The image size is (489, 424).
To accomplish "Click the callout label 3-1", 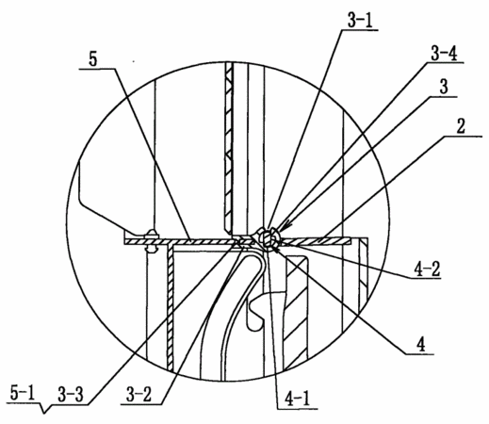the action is click(x=359, y=21).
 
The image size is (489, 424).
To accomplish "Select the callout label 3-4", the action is click(x=444, y=54).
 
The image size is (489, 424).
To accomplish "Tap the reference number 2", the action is click(x=461, y=126).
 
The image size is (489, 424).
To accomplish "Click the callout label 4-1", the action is click(x=297, y=400).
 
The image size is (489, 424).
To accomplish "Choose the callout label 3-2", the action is click(x=139, y=395).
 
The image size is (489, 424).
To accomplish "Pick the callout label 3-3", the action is click(x=71, y=395).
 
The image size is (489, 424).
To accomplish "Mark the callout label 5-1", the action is click(x=23, y=394).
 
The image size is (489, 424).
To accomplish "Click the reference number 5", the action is click(x=93, y=59).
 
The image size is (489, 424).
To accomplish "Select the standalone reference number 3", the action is click(x=444, y=87).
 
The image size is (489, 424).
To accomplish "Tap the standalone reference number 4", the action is click(x=420, y=345).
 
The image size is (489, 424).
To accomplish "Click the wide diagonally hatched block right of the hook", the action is click(x=296, y=314).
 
